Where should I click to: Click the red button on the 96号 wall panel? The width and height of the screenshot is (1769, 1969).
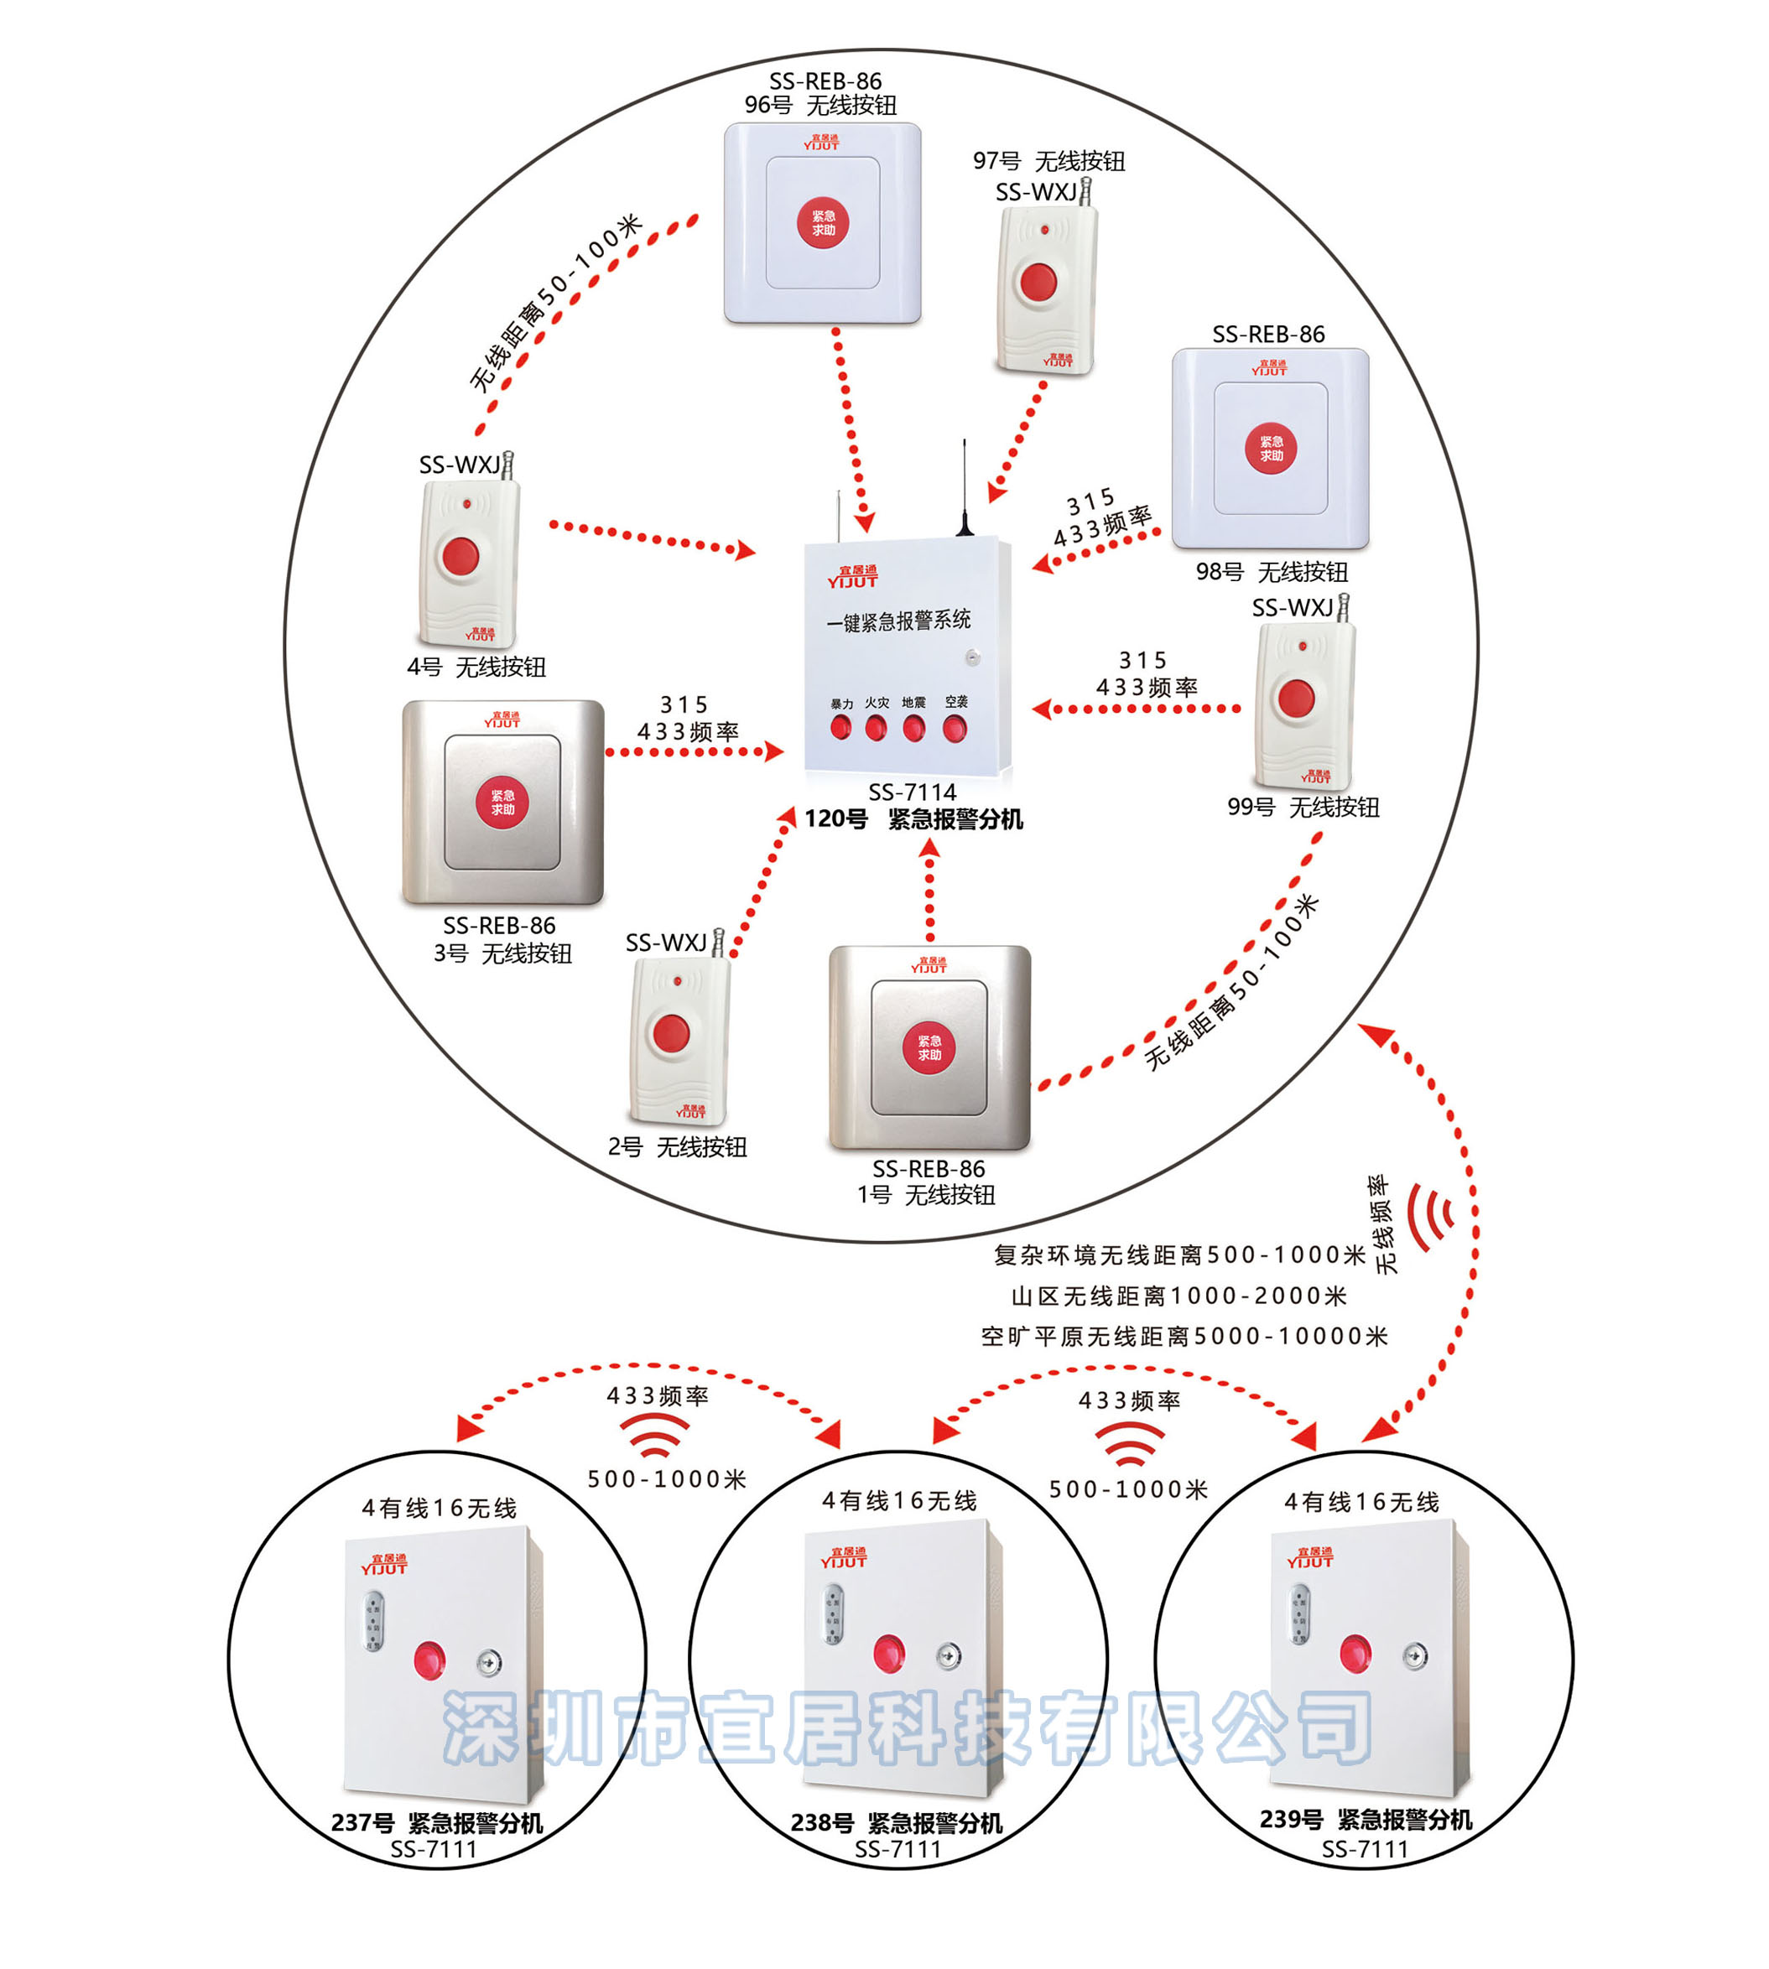coord(822,224)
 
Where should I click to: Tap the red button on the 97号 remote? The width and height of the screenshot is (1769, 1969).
coord(1038,283)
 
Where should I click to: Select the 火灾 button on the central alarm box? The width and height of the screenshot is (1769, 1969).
coord(876,727)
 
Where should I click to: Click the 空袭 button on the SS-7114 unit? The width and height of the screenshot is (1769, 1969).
coord(955,728)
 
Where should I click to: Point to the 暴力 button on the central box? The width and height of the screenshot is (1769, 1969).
coord(840,728)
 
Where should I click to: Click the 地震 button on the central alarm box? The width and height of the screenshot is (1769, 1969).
coord(913,728)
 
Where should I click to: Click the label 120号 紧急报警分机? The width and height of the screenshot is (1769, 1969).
coord(913,819)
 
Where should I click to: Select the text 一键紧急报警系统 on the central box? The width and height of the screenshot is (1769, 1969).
coord(898,620)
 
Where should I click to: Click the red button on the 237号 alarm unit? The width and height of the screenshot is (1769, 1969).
coord(429,1660)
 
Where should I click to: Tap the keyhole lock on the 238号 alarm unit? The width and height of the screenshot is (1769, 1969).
coord(949,1656)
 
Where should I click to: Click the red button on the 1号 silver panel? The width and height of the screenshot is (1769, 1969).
coord(929,1047)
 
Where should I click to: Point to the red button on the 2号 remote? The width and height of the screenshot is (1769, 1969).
coord(671,1033)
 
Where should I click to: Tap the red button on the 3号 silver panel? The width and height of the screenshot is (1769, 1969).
coord(502,803)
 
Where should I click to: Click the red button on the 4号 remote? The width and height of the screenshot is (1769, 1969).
coord(460,557)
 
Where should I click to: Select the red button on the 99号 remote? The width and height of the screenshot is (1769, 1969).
coord(1296,698)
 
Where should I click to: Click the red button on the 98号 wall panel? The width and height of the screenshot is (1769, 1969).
coord(1271,449)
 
